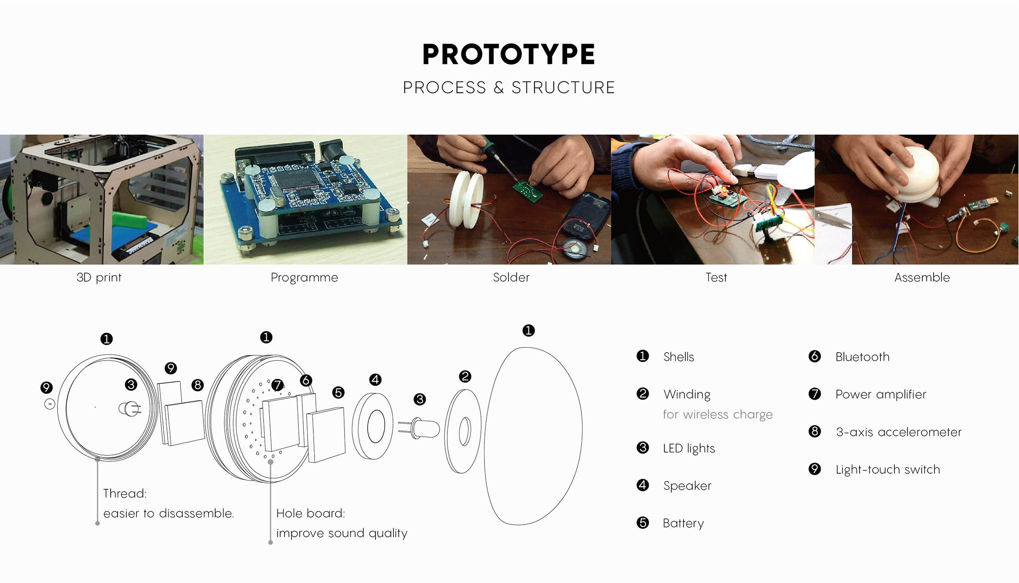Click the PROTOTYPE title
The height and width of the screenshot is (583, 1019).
508,54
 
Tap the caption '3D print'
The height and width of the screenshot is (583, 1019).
99,277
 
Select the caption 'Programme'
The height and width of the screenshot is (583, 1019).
304,277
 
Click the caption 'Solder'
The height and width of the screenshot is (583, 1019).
511,277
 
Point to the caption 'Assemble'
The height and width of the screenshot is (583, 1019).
922,277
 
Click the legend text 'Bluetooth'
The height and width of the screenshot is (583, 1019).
862,357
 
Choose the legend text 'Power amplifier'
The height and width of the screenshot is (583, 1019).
880,394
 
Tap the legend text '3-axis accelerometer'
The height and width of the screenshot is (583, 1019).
898,432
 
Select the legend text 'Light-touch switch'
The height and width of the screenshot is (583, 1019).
887,469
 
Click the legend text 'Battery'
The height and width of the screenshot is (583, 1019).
683,523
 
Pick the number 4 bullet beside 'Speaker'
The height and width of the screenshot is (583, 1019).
643,485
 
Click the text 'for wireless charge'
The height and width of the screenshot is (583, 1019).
718,415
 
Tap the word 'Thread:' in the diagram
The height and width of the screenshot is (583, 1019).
125,493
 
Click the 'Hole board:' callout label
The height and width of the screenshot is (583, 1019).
311,513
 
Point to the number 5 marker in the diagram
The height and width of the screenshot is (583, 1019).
338,392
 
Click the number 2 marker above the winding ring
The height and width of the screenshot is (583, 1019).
465,376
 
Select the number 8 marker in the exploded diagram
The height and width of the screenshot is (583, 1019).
198,385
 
